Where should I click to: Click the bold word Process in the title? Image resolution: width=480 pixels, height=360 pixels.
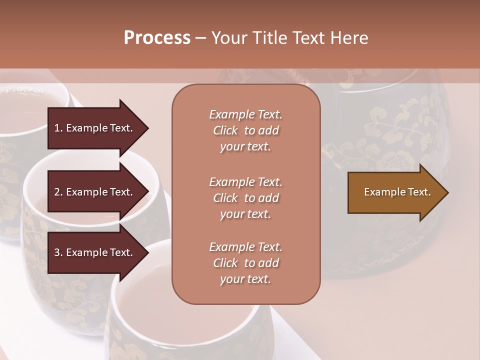pyautogui.click(x=157, y=38)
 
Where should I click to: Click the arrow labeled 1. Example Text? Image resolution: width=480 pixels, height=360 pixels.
pyautogui.click(x=95, y=128)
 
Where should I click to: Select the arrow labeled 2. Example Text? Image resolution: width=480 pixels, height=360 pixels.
pyautogui.click(x=95, y=192)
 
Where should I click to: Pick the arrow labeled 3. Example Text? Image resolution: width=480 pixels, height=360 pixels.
pyautogui.click(x=95, y=252)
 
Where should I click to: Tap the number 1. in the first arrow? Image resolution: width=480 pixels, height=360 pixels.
pyautogui.click(x=58, y=128)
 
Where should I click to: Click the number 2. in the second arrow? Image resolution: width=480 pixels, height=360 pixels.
pyautogui.click(x=58, y=192)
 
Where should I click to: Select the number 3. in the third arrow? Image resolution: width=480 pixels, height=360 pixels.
pyautogui.click(x=58, y=252)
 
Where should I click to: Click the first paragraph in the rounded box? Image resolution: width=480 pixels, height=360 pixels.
pyautogui.click(x=245, y=130)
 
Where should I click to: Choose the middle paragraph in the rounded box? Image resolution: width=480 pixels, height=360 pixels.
pyautogui.click(x=245, y=198)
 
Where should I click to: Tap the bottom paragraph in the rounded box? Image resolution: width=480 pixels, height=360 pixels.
pyautogui.click(x=245, y=263)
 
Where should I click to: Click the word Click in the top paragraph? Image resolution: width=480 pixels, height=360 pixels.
pyautogui.click(x=225, y=130)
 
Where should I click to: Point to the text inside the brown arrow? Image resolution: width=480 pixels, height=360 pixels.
pyautogui.click(x=397, y=192)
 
